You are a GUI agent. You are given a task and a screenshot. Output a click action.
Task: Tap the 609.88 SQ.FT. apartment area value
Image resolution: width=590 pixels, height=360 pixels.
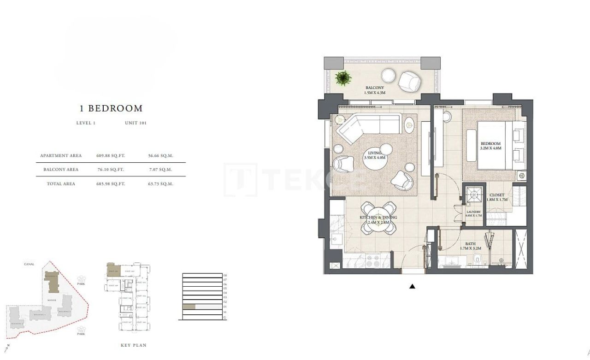[x=111, y=156]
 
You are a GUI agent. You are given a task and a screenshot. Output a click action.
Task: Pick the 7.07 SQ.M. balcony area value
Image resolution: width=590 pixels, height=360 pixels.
[x=160, y=170]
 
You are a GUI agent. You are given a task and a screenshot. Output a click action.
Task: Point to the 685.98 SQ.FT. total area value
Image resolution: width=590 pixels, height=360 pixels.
[x=111, y=184]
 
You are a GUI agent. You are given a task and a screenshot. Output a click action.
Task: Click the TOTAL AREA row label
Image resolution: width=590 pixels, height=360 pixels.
[x=61, y=184]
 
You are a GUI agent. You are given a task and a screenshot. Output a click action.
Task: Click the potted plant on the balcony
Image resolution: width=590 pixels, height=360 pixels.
[x=342, y=78]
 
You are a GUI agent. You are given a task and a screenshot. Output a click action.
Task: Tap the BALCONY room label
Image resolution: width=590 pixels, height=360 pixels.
[x=374, y=88]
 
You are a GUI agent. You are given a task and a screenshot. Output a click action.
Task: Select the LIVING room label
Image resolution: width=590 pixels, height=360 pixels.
[x=374, y=153]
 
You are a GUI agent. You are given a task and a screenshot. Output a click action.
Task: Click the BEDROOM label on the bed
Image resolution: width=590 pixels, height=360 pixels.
[x=490, y=144]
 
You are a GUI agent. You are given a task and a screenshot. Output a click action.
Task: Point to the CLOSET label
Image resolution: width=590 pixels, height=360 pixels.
[x=497, y=195]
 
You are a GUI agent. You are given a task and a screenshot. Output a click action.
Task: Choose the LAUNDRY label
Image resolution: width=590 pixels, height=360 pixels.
[x=473, y=212]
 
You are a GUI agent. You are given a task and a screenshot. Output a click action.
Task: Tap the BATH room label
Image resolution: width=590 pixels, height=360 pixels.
[x=470, y=244]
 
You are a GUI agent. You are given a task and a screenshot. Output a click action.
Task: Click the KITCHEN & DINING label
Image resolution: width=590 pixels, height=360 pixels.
[x=378, y=218]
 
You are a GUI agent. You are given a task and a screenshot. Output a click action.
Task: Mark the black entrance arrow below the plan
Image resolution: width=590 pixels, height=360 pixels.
[x=413, y=287]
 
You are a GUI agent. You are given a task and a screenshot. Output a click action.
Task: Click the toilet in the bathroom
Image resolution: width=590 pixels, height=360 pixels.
[x=478, y=259]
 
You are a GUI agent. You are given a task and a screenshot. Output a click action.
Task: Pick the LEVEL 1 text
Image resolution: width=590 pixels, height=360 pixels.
[x=86, y=123]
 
